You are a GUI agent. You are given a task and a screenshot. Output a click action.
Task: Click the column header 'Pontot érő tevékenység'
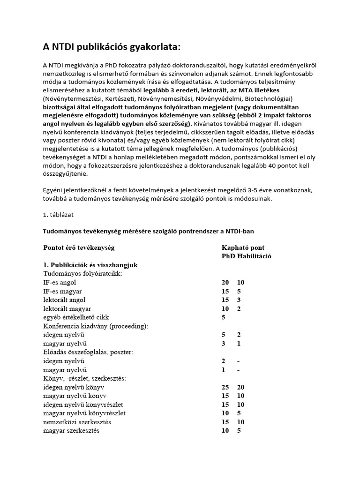pos(79,247)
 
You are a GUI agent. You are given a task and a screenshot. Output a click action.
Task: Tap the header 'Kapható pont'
pos(246,247)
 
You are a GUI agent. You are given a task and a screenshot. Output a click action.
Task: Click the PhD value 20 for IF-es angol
pos(225,283)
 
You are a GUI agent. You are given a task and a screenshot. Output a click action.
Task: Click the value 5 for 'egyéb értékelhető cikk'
pos(224,317)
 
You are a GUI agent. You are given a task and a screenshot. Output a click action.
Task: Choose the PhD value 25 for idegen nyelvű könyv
pos(225,388)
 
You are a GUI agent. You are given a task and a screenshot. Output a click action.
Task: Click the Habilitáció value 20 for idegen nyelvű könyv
pos(241,388)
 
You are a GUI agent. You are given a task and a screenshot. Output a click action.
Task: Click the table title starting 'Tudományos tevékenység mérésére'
pos(149,232)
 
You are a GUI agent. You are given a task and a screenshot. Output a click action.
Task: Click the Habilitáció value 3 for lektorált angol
pos(240,300)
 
